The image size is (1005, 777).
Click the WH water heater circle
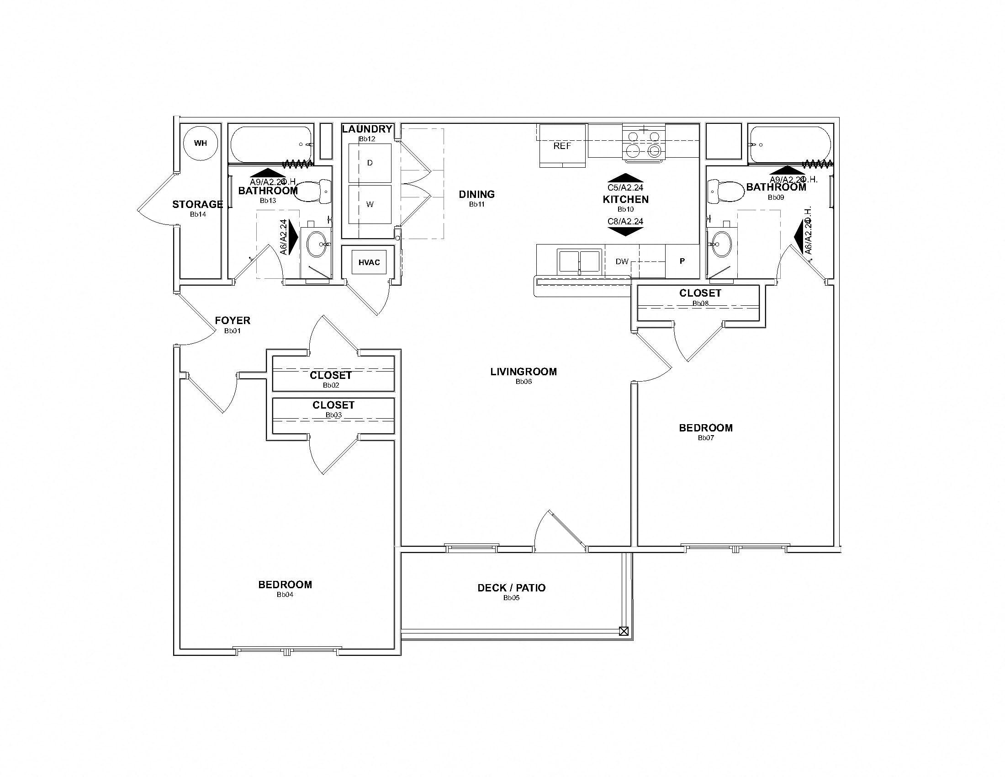pyautogui.click(x=200, y=143)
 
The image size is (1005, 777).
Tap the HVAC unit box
pyautogui.click(x=369, y=262)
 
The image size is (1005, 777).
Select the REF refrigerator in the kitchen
pyautogui.click(x=562, y=146)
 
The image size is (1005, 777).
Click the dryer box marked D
pyautogui.click(x=370, y=163)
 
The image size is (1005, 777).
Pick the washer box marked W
pyautogui.click(x=370, y=204)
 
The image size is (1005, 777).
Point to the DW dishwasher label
pyautogui.click(x=622, y=261)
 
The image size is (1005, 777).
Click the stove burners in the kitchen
pyautogui.click(x=644, y=144)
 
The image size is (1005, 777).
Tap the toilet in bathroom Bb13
pyautogui.click(x=313, y=192)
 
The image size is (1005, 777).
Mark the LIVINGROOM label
pyautogui.click(x=523, y=372)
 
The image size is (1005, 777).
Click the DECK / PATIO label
pyautogui.click(x=511, y=588)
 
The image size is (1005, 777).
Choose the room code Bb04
pyautogui.click(x=285, y=594)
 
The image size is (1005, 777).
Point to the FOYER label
pyautogui.click(x=233, y=320)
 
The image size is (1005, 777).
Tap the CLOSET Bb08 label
pyautogui.click(x=700, y=293)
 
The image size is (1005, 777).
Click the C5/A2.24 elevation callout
pyautogui.click(x=625, y=187)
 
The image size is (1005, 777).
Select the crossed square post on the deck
pyautogui.click(x=624, y=631)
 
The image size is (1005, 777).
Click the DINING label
pyautogui.click(x=477, y=194)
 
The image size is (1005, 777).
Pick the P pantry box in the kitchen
pyautogui.click(x=682, y=261)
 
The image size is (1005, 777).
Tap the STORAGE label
pyautogui.click(x=197, y=204)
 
